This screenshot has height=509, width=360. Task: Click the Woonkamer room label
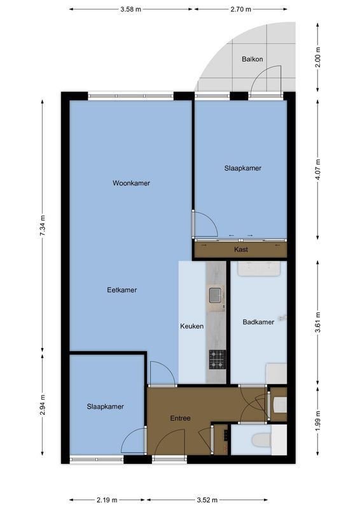(x=131, y=183)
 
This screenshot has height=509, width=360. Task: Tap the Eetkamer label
(x=121, y=290)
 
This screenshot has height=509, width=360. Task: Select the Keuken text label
(x=192, y=326)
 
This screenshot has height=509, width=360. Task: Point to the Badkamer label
(x=258, y=322)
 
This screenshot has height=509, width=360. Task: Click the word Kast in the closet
(x=241, y=250)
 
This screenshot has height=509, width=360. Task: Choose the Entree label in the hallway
(x=180, y=419)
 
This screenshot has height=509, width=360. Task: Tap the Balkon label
(x=252, y=59)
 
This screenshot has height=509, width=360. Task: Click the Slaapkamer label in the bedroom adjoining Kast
(x=242, y=169)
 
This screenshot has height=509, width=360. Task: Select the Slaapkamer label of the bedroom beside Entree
(x=105, y=407)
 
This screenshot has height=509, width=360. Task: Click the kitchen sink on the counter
(x=216, y=295)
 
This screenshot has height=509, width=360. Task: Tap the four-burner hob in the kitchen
(x=218, y=359)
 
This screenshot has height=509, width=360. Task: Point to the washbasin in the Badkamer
(x=259, y=268)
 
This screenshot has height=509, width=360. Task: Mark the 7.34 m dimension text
(x=43, y=225)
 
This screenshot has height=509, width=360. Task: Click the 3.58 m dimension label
(x=130, y=10)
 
